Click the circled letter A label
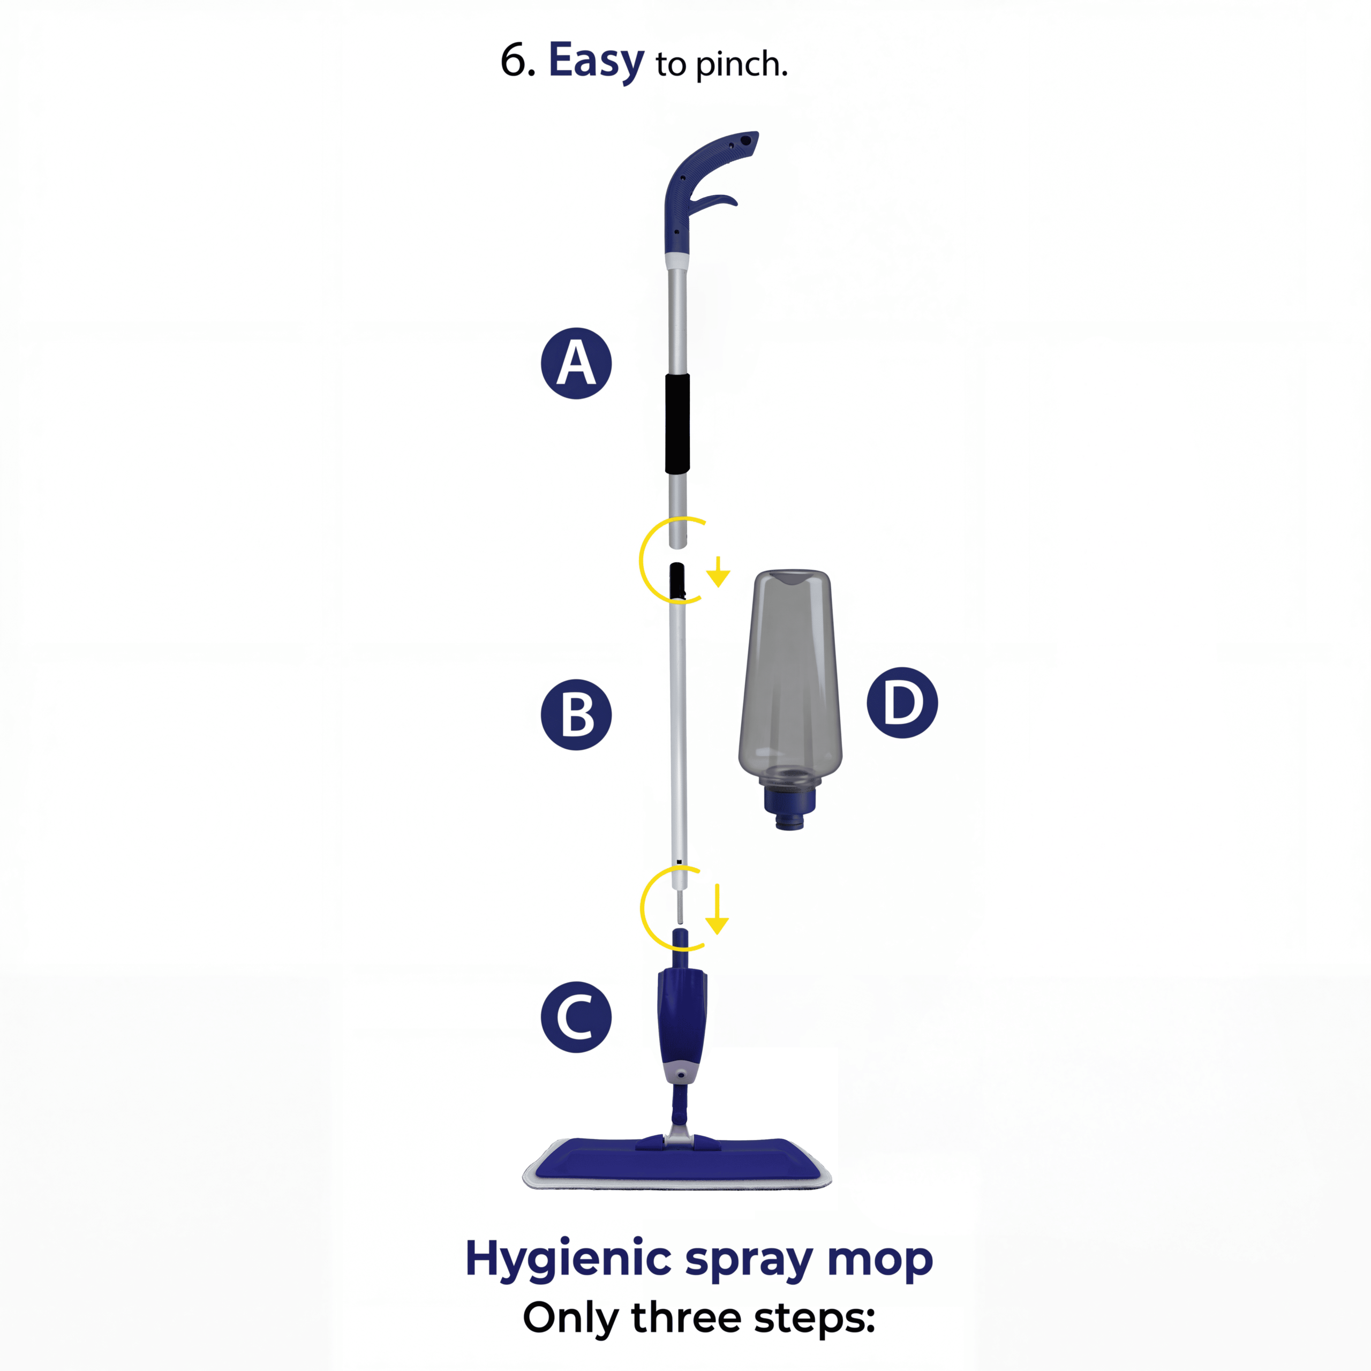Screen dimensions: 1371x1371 pyautogui.click(x=576, y=363)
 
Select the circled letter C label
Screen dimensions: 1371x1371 pyautogui.click(x=576, y=1017)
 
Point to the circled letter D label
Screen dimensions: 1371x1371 pyautogui.click(x=902, y=703)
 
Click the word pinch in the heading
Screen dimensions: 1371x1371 pyautogui.click(x=741, y=66)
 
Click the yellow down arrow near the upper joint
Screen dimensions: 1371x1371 pyautogui.click(x=718, y=572)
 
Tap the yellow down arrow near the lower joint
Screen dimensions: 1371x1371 pyautogui.click(x=718, y=908)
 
